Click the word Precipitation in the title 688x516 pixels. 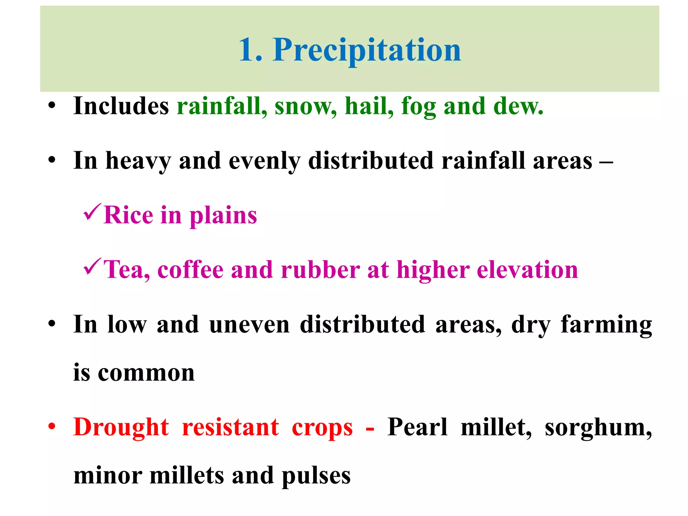tap(367, 50)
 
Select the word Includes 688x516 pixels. tap(121, 106)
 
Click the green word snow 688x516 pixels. tap(305, 106)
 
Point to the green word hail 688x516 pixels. tap(369, 106)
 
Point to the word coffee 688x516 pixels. tap(190, 270)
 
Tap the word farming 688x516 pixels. tap(606, 325)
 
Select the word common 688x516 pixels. tap(146, 373)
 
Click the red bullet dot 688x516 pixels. tap(51, 427)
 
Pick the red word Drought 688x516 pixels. tap(121, 428)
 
